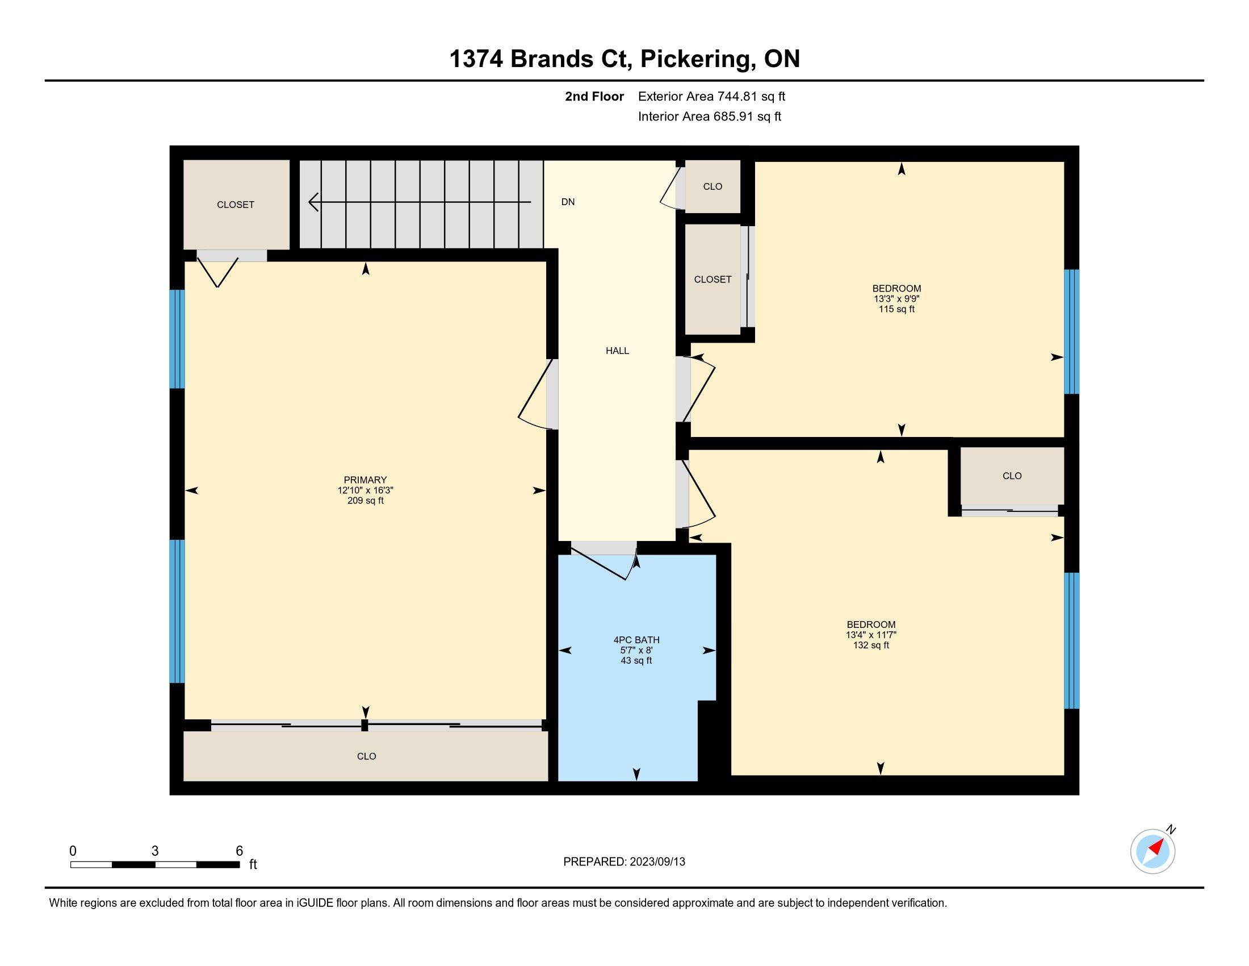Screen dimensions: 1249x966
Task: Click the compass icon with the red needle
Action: [1152, 851]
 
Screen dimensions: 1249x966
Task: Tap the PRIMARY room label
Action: [365, 480]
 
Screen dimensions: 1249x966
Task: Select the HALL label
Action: [617, 351]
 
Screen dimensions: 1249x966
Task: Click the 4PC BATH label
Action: [636, 640]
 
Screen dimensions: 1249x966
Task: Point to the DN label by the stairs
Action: [568, 202]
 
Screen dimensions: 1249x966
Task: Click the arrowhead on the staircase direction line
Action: [313, 202]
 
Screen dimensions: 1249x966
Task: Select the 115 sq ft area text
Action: [896, 309]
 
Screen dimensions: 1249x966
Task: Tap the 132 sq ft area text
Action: [871, 645]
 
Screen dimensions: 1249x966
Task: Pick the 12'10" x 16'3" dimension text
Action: [366, 490]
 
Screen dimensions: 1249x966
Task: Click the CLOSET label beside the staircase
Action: [236, 205]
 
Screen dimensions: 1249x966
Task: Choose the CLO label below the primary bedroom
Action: [367, 756]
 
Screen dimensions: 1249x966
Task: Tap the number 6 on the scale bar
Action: [240, 851]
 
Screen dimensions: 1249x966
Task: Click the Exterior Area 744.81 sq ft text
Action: [711, 96]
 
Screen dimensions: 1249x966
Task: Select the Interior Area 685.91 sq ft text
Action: [710, 116]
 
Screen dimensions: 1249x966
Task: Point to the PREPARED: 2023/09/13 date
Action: [624, 862]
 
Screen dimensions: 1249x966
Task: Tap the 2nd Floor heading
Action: [594, 96]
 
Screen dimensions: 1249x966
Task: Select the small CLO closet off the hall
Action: [712, 186]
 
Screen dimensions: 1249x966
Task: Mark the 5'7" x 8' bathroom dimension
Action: [636, 650]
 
